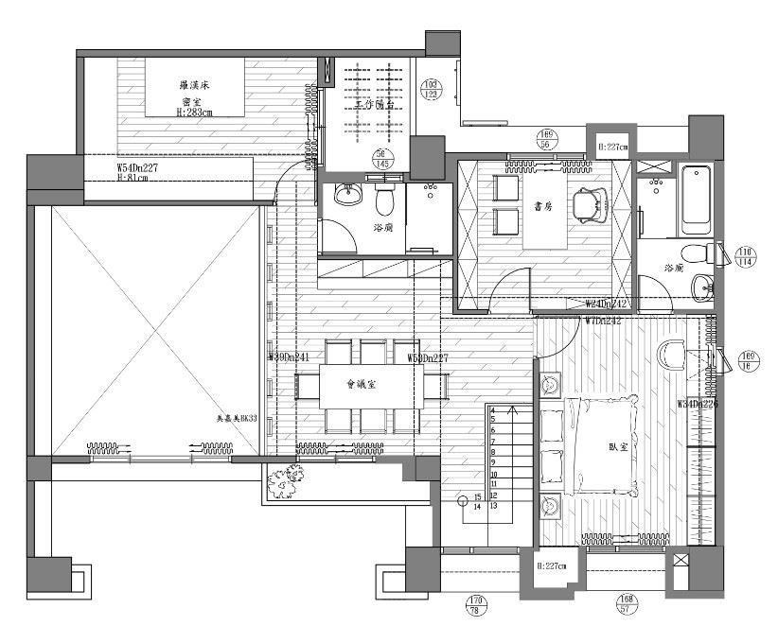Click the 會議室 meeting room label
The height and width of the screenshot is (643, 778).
362,385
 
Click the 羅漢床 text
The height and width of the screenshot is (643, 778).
194,86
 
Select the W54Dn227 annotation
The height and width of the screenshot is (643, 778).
137,166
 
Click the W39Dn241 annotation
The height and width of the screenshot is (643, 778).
291,357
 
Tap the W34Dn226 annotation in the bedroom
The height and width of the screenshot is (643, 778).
696,404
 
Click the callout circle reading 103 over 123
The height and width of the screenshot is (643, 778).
432,88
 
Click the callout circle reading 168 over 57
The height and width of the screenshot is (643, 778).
626,603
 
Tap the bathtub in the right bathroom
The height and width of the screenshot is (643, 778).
696,195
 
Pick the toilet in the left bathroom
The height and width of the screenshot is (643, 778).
384,202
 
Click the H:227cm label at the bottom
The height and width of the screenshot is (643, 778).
550,566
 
